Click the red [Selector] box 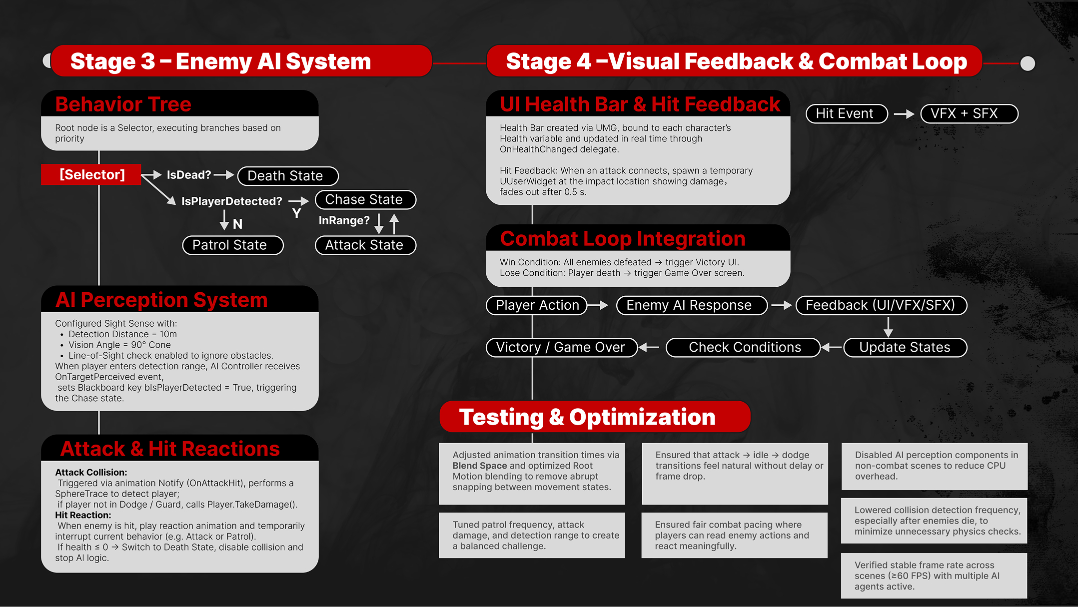(91, 174)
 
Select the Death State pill (288, 176)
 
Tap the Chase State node (365, 199)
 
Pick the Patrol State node (232, 245)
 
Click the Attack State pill (365, 245)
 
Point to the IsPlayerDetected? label (231, 201)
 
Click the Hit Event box (847, 113)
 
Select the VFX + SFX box (969, 113)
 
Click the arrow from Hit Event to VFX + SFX (904, 114)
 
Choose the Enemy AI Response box (691, 305)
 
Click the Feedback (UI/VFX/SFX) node (881, 305)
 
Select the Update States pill (905, 347)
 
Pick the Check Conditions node (744, 347)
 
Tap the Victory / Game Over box (561, 347)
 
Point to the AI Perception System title (161, 300)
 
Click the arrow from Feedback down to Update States (888, 327)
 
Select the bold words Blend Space (480, 466)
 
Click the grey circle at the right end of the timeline (1028, 63)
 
